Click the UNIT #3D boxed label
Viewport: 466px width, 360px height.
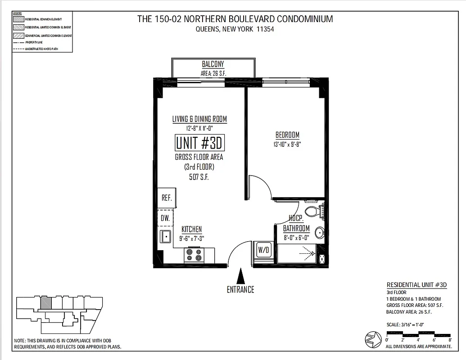pos(199,143)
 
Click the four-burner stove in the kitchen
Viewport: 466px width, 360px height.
pos(194,256)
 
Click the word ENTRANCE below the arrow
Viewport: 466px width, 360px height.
pos(240,289)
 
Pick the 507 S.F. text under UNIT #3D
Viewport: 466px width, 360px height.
pos(199,177)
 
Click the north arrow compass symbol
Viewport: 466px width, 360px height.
pos(373,339)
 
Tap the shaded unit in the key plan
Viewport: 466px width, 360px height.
pos(45,303)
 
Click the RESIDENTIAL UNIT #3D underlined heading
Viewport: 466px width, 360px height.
pos(416,285)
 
